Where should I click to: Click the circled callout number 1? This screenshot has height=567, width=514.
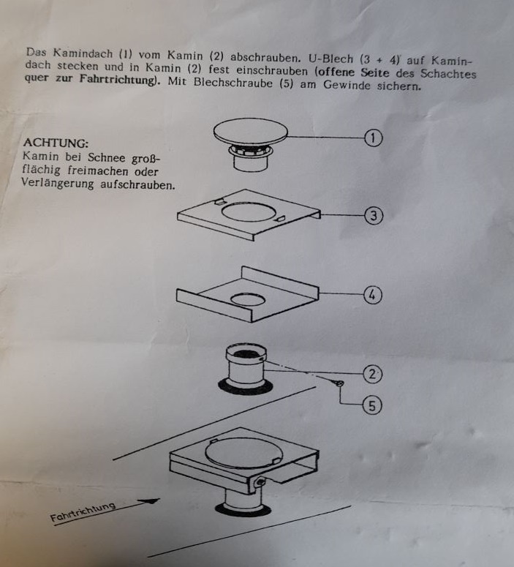point(373,138)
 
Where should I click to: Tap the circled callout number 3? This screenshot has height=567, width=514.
point(373,216)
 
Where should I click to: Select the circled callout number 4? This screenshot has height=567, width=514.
point(372,295)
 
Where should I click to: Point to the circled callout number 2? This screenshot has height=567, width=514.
point(372,374)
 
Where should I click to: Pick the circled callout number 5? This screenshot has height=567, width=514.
point(372,405)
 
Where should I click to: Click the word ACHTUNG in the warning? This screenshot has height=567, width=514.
point(56,143)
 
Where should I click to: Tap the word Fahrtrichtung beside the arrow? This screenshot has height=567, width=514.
point(83,511)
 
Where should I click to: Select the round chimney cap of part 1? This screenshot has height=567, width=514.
point(251,132)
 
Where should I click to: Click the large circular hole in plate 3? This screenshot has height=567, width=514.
point(249,212)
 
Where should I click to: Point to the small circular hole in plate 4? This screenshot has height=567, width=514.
point(248,299)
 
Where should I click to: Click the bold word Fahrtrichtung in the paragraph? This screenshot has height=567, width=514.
point(118,79)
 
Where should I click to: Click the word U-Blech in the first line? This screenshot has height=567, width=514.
point(330,59)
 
